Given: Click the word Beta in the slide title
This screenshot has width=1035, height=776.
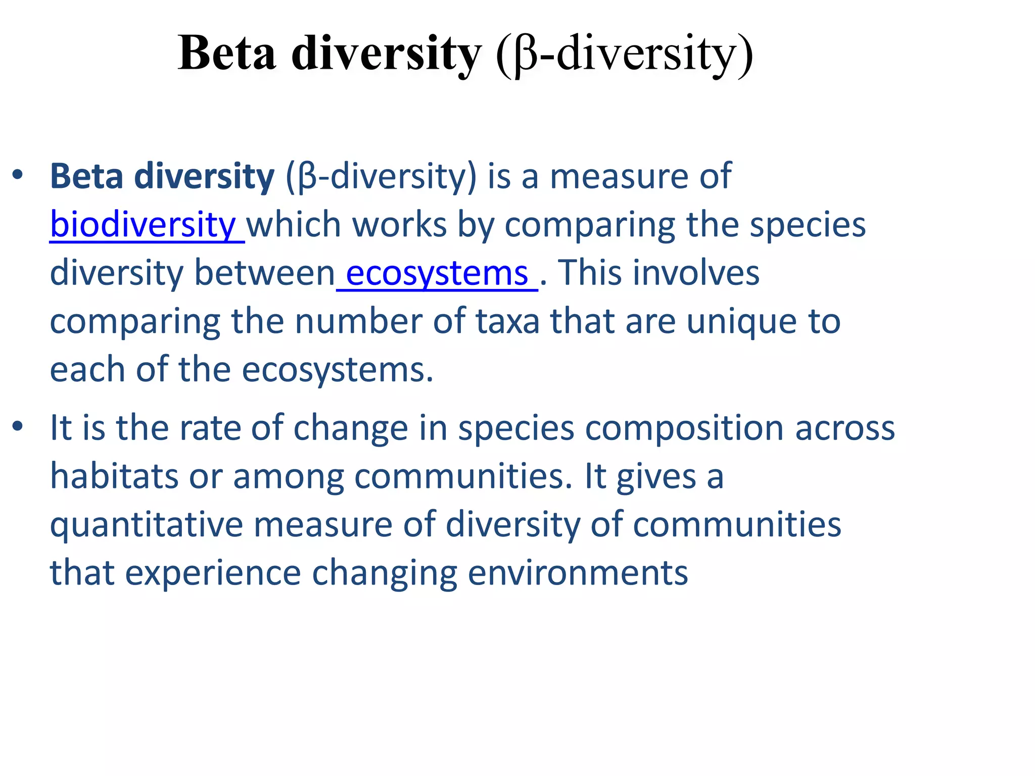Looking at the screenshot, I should (x=227, y=54).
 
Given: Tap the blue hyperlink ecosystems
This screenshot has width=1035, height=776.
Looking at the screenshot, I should (x=437, y=273).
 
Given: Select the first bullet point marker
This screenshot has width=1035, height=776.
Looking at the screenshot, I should (x=18, y=175).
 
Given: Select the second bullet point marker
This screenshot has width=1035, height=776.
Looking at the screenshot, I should (x=18, y=426).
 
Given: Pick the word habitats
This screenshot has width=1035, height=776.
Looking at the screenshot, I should (x=114, y=476).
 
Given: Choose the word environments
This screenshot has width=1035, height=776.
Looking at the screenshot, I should (x=578, y=573).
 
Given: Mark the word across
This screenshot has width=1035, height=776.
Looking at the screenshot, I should (x=845, y=428).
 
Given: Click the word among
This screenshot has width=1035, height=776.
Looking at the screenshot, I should (x=288, y=477).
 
